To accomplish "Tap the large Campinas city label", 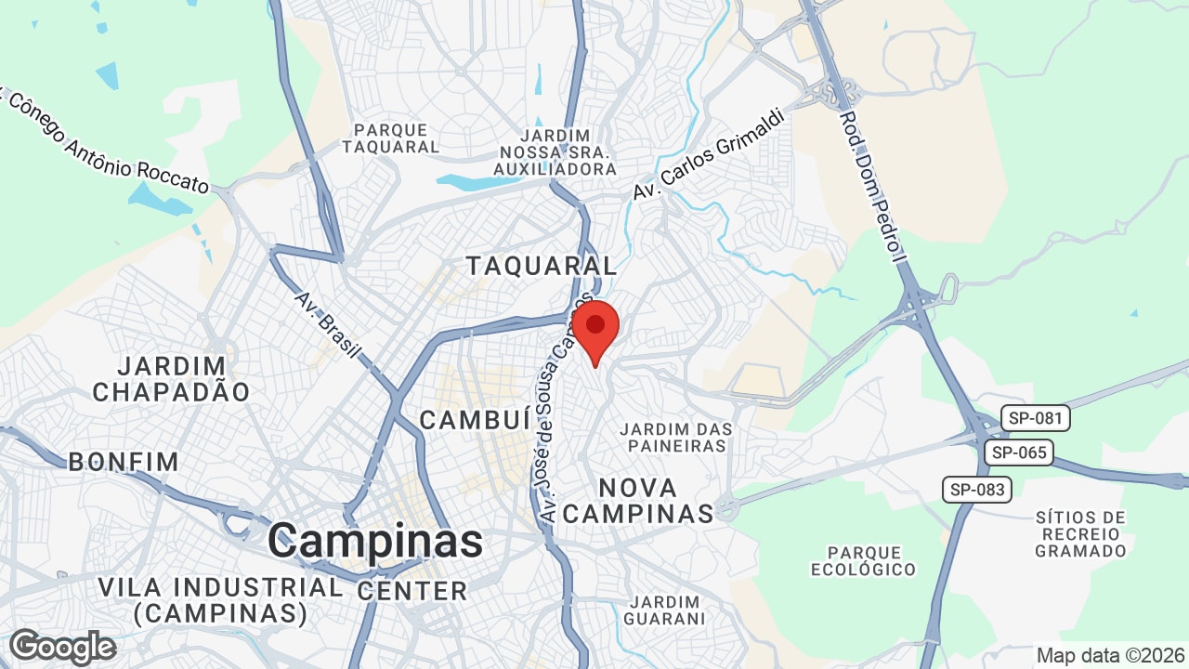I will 375,541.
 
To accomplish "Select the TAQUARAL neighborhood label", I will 541,266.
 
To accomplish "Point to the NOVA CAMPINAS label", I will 638,500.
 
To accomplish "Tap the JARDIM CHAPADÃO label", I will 172,379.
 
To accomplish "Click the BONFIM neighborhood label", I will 124,462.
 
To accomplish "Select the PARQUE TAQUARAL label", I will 390,138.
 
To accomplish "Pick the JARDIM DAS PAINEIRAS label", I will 676,438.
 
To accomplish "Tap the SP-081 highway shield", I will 1035,418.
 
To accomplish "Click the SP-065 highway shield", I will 1019,453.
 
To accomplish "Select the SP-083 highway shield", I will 977,489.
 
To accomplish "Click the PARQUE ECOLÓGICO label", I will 864,561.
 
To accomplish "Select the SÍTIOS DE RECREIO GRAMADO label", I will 1080,534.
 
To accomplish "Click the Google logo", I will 63,647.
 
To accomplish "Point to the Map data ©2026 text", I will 1109,655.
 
